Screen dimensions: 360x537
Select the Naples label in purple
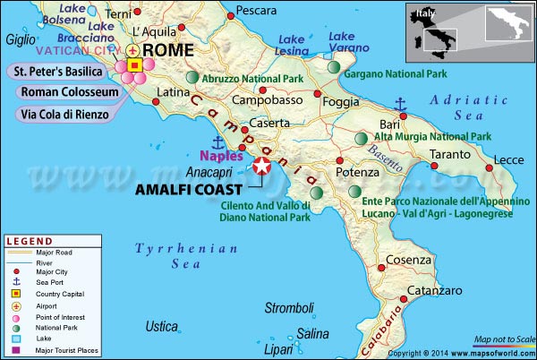click(217, 155)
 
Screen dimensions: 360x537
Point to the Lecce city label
click(508, 159)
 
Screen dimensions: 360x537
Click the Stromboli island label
click(288, 309)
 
